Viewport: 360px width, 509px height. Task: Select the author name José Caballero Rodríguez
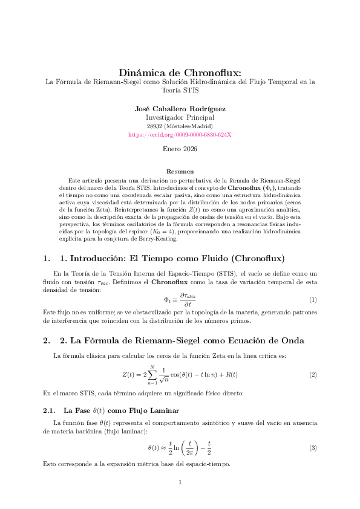point(180,109)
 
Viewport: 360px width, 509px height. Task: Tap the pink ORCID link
point(180,134)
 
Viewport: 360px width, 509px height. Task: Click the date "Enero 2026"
point(180,148)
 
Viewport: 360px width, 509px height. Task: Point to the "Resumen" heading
point(180,172)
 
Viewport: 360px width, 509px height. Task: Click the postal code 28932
point(155,126)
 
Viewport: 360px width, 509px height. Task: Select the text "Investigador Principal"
point(180,117)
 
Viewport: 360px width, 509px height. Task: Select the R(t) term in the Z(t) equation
point(230,375)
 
